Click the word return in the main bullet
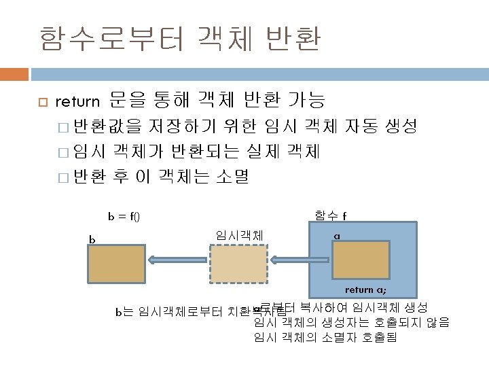coord(77,103)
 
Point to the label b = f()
coord(124,217)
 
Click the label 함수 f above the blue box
coord(331,216)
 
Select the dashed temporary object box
coord(239,264)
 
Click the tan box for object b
coord(117,264)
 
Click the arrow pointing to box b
coord(179,259)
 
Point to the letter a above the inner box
coord(337,236)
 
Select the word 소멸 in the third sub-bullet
coord(233,178)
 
